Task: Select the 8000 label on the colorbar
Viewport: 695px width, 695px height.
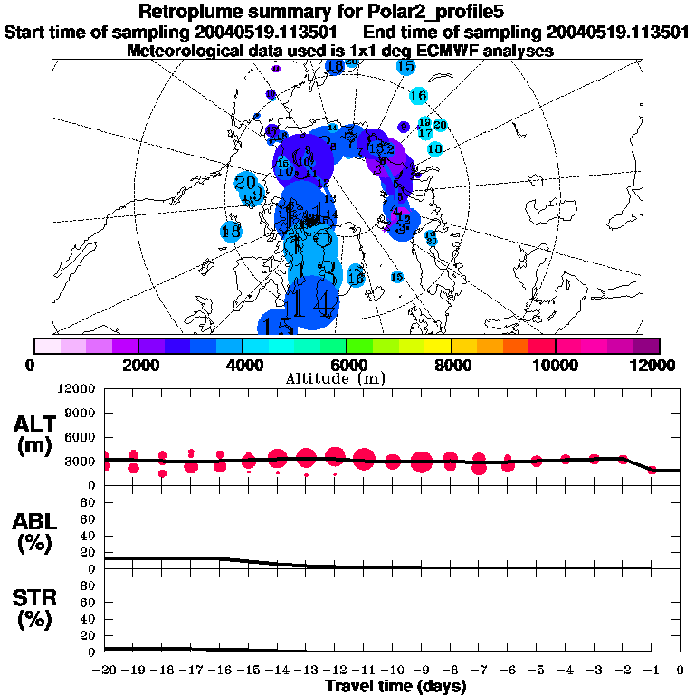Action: pyautogui.click(x=451, y=365)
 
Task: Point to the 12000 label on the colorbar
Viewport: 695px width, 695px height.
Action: pyautogui.click(x=652, y=365)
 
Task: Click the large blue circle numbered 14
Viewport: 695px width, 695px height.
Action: pyautogui.click(x=312, y=300)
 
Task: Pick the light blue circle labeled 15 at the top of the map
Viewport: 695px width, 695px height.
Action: pyautogui.click(x=405, y=66)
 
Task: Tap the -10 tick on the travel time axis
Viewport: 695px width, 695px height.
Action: pyautogui.click(x=393, y=670)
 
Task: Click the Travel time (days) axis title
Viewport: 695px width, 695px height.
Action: pyautogui.click(x=395, y=686)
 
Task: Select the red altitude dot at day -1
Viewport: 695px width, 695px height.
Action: pyautogui.click(x=652, y=471)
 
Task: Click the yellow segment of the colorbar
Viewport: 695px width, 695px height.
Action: pyautogui.click(x=438, y=346)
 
